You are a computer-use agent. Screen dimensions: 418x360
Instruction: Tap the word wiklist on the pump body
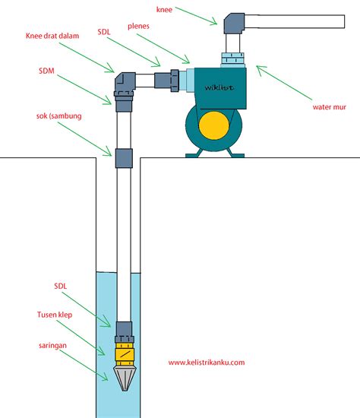[219, 87]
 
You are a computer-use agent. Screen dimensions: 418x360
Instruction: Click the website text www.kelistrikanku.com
[207, 362]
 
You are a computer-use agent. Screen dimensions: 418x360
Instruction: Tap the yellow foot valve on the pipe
[124, 353]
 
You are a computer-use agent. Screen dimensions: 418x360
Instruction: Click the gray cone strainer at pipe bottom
[124, 378]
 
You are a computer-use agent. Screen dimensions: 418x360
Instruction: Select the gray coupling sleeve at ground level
[124, 158]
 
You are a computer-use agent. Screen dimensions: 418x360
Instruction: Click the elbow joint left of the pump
[125, 81]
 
